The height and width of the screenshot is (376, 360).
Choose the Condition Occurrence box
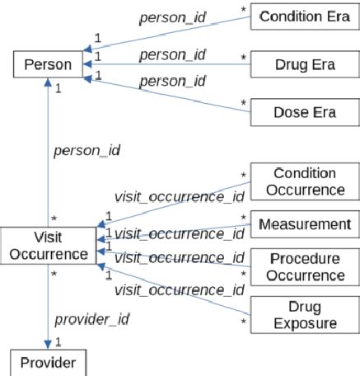[303, 181]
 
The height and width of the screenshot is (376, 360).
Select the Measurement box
[303, 223]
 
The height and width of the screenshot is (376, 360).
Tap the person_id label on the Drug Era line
[171, 55]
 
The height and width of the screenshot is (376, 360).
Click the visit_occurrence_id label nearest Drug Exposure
[179, 289]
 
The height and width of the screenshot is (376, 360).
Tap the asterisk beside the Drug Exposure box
[244, 312]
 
